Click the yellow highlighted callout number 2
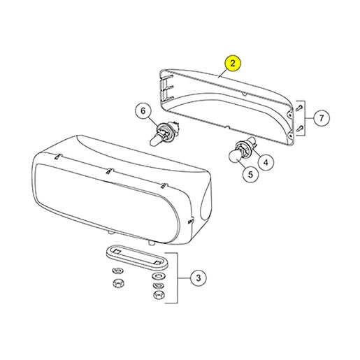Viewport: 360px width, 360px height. pos(233,63)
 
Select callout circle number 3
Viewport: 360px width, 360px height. pos(198,278)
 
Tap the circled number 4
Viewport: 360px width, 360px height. pos(266,162)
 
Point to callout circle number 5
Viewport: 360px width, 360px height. pos(250,174)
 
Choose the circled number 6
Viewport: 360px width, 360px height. pos(143,111)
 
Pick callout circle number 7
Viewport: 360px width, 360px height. pos(322,118)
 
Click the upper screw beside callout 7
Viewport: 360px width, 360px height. pos(300,108)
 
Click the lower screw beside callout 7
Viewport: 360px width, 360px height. pos(300,128)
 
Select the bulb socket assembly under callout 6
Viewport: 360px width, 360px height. pos(164,132)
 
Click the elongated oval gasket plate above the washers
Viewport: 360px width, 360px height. pos(137,257)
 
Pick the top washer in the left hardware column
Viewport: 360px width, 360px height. pos(118,271)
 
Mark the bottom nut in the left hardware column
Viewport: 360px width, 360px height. pos(118,283)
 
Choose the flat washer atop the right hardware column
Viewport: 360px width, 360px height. pos(159,276)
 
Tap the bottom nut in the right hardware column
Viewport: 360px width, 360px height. pos(159,294)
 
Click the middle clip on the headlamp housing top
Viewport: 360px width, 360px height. pos(109,171)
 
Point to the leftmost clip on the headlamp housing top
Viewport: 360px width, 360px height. pos(57,157)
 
